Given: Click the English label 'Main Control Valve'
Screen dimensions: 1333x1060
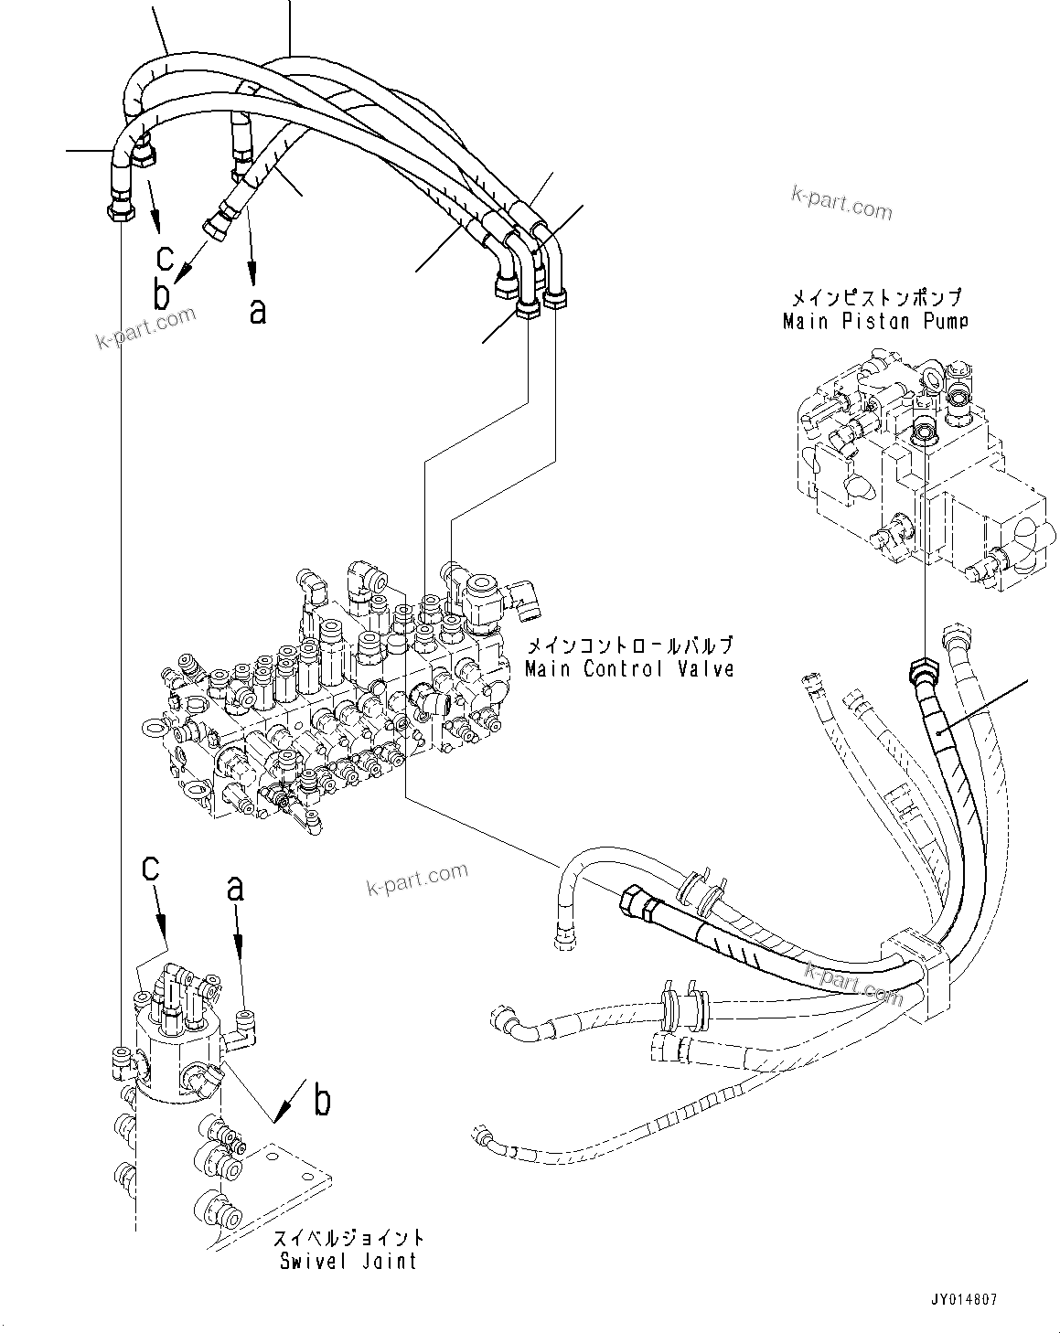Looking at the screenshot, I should pyautogui.click(x=629, y=668).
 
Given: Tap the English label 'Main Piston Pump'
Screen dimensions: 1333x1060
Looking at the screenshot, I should pyautogui.click(x=875, y=321).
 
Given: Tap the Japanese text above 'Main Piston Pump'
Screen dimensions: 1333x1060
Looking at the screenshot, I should pyautogui.click(x=875, y=298).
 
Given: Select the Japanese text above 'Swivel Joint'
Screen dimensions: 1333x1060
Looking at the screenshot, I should pyautogui.click(x=348, y=1238).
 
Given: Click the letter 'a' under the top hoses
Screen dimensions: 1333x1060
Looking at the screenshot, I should pyautogui.click(x=258, y=311).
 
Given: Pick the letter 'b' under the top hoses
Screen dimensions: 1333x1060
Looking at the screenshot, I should pyautogui.click(x=162, y=295).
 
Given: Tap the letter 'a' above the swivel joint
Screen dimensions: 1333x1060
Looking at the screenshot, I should pyautogui.click(x=236, y=887).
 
